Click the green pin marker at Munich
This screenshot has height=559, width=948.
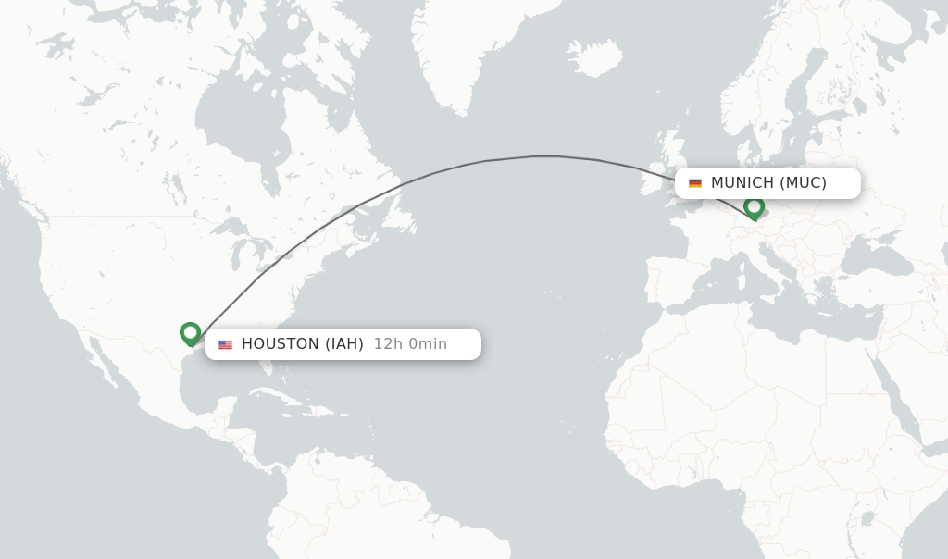click(x=754, y=207)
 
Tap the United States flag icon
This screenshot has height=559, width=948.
click(x=225, y=344)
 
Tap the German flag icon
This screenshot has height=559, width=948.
click(x=695, y=183)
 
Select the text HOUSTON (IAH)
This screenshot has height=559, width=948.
click(x=302, y=344)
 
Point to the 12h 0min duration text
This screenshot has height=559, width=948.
click(x=410, y=344)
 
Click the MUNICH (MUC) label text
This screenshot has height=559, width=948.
click(x=768, y=183)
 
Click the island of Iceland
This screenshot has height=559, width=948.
click(x=593, y=57)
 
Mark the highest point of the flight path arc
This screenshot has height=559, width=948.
click(x=546, y=156)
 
